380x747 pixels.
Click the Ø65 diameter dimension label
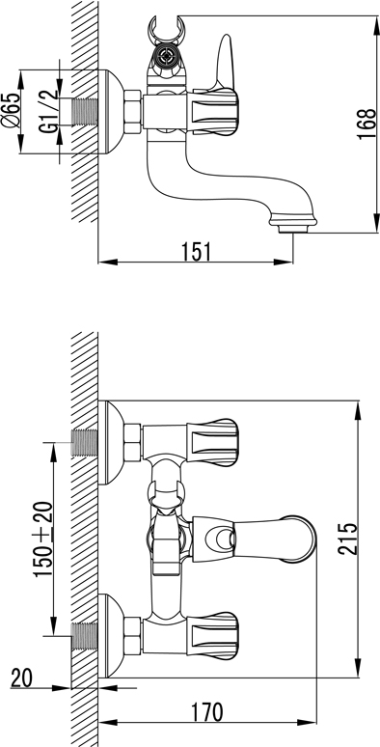(11, 110)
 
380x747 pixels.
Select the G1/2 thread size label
(49, 111)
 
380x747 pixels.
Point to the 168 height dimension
(366, 124)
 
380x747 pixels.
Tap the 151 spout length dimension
(195, 252)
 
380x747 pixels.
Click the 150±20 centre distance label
(43, 539)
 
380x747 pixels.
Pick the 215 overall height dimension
(347, 539)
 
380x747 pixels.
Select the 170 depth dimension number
(207, 712)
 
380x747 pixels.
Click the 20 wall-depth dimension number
(21, 678)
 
